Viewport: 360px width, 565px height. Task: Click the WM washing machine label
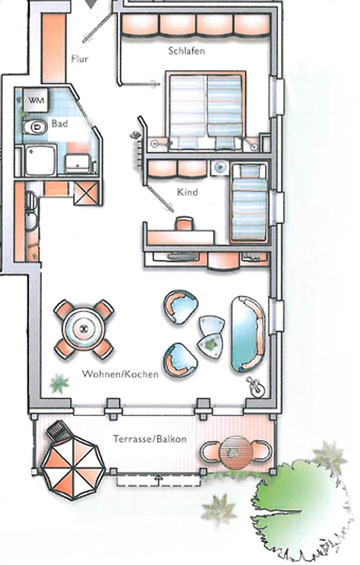37,100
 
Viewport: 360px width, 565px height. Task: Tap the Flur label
80,59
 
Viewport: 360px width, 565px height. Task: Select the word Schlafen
186,51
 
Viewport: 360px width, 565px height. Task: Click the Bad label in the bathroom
59,124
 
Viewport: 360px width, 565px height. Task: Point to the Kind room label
187,192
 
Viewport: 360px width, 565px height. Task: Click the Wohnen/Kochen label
120,374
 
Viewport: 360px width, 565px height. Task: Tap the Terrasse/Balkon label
150,439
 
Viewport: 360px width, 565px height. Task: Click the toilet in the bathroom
35,127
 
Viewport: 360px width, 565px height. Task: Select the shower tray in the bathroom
40,160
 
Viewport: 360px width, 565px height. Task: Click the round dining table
84,328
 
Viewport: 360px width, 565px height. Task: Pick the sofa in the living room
248,334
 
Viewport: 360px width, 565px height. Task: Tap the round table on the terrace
235,452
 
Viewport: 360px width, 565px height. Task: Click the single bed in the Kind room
249,202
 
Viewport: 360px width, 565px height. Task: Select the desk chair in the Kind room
184,223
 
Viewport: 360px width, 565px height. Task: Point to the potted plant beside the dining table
59,383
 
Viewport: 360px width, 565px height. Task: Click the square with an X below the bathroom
86,193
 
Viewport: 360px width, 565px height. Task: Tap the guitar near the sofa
256,387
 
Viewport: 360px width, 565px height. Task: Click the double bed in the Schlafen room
205,112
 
